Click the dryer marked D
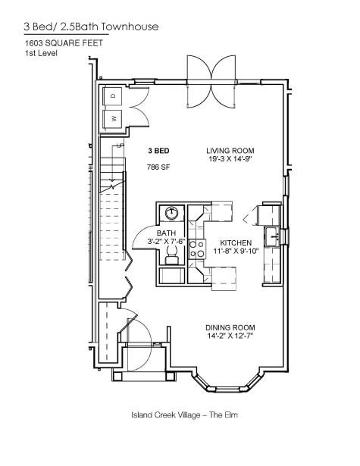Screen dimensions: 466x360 coord(113,96)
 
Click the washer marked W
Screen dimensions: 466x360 coord(113,118)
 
